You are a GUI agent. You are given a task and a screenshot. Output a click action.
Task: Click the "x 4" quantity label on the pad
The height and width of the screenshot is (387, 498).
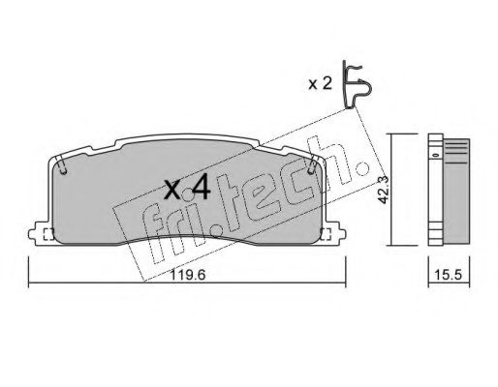[x=187, y=188]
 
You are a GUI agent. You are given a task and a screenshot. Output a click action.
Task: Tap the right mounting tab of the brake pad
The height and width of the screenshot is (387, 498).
[x=336, y=233]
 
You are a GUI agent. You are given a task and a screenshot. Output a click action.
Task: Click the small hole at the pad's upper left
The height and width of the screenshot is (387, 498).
[x=62, y=171]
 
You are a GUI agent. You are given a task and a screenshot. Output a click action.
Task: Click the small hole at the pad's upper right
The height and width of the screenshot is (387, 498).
[x=312, y=171]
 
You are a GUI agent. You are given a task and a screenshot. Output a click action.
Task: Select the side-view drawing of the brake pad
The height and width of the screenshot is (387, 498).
[x=448, y=189]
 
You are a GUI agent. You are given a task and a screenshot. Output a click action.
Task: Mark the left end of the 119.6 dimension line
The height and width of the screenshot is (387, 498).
[x=29, y=284]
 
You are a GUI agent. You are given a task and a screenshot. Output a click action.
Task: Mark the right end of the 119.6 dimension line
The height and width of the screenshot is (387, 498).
[x=348, y=284]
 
